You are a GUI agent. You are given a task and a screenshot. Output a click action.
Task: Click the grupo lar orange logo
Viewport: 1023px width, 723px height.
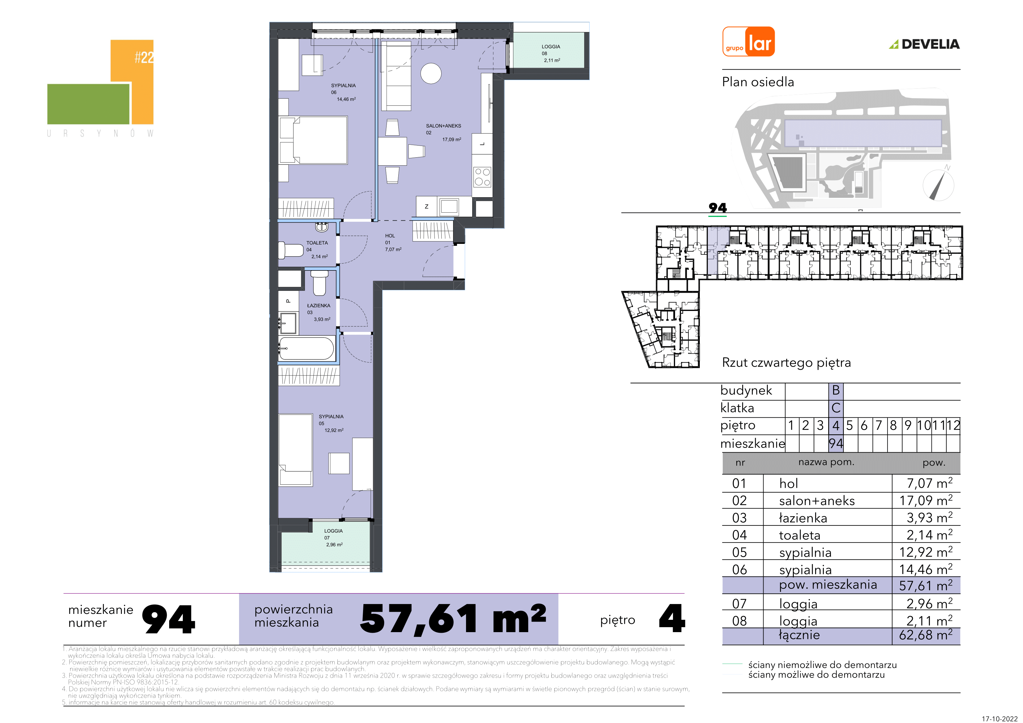click(748, 41)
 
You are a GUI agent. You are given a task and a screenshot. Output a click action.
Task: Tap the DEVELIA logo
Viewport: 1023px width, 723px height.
click(924, 44)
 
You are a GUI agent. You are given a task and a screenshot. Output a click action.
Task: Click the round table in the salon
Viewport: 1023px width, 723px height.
click(431, 74)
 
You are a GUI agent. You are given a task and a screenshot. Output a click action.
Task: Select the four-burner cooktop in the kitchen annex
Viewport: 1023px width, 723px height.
click(482, 176)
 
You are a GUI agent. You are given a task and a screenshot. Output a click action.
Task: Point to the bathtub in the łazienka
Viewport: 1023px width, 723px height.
click(306, 348)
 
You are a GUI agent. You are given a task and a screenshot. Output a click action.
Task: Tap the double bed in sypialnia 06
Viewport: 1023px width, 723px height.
click(313, 140)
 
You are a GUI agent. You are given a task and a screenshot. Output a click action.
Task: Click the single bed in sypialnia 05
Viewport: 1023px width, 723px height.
click(295, 449)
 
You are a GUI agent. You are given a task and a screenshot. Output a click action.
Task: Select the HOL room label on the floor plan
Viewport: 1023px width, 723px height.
click(390, 236)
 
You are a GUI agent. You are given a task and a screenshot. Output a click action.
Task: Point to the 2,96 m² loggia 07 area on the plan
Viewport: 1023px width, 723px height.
click(334, 544)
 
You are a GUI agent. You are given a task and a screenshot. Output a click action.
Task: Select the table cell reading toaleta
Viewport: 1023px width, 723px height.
click(799, 535)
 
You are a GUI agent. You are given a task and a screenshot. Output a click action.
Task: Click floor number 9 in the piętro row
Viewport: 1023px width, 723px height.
click(908, 425)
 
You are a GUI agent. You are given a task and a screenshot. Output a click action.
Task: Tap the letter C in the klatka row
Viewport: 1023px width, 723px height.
click(836, 408)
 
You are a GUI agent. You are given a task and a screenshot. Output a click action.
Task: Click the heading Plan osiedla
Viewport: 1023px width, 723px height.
click(758, 82)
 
